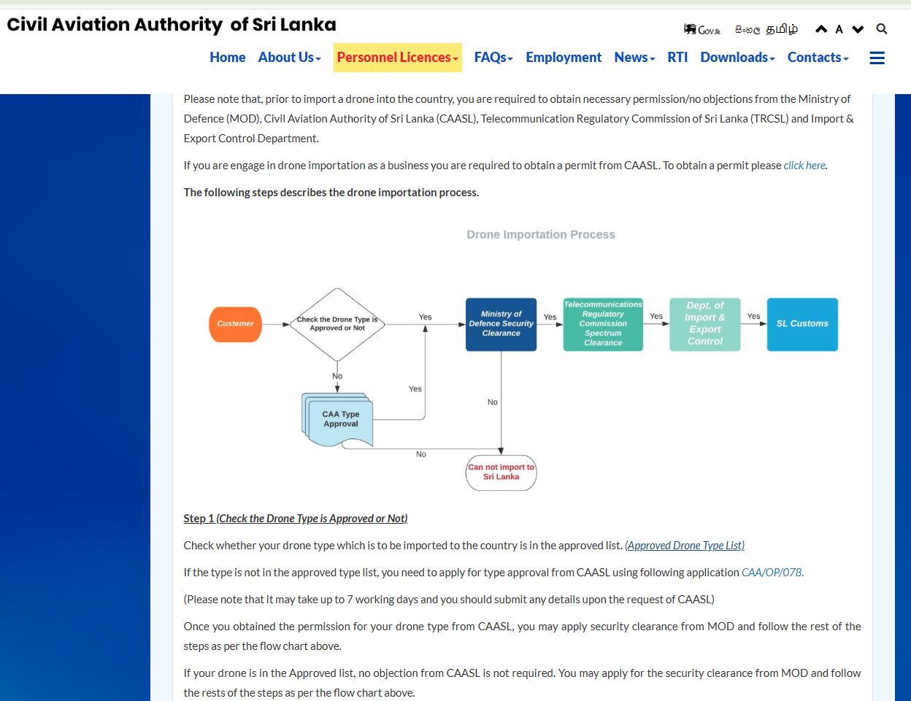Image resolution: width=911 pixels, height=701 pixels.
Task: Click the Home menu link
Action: [227, 58]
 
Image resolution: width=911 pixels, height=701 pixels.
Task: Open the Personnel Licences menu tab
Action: [397, 58]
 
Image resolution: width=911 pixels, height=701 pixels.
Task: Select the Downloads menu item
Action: [737, 58]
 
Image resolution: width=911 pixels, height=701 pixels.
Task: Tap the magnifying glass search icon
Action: [882, 29]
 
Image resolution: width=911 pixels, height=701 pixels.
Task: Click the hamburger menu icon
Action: [877, 58]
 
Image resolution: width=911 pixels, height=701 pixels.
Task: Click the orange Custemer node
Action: [235, 324]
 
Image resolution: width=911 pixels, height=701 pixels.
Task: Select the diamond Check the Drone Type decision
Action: [337, 324]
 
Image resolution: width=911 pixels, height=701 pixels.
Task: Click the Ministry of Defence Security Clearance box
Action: [501, 324]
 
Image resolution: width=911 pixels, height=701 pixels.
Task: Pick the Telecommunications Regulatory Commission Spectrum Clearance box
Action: [603, 324]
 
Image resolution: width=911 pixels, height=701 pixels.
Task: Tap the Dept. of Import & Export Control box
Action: [704, 324]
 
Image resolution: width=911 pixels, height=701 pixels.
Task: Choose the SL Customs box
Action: [802, 324]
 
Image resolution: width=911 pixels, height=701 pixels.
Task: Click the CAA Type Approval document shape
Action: [338, 419]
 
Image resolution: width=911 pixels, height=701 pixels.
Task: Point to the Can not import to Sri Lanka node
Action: [501, 473]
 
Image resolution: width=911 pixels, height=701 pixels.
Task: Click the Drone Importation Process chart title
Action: [541, 234]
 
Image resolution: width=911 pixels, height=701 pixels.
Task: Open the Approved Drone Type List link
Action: [685, 545]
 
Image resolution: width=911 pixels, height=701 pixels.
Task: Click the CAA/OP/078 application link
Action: [772, 573]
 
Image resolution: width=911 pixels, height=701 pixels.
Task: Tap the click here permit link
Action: [804, 166]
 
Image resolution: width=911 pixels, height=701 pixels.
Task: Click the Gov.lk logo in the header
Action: [701, 29]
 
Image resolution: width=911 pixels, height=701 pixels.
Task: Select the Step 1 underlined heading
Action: [296, 519]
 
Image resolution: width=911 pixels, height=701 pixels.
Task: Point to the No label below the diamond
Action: [337, 376]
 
